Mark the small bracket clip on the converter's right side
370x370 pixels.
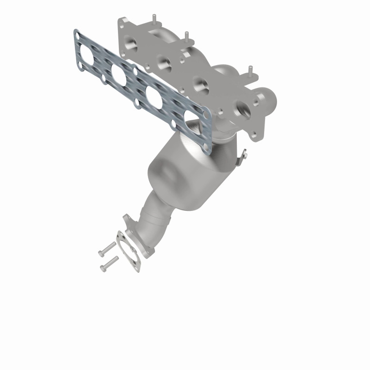pyautogui.click(x=241, y=157)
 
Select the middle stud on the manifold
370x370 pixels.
pyautogui.click(x=186, y=36)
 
